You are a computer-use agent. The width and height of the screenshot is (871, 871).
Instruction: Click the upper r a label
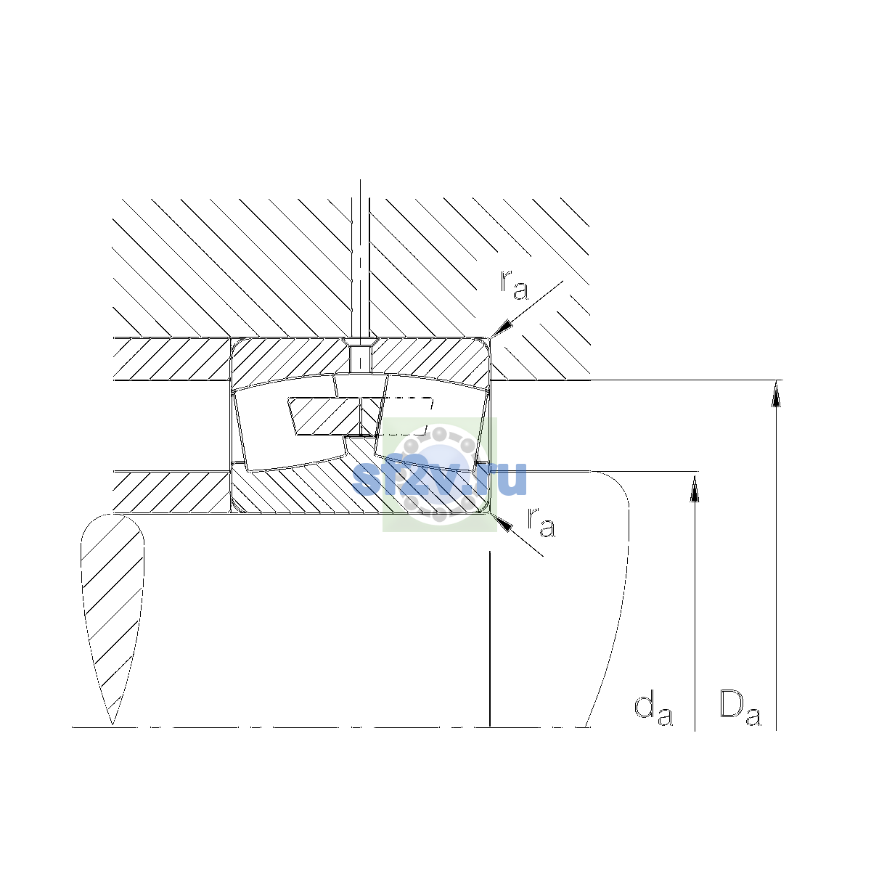point(514,286)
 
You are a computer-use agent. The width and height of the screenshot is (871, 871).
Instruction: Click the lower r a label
point(541,523)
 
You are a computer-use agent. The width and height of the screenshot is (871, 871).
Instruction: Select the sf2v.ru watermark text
point(439,478)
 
